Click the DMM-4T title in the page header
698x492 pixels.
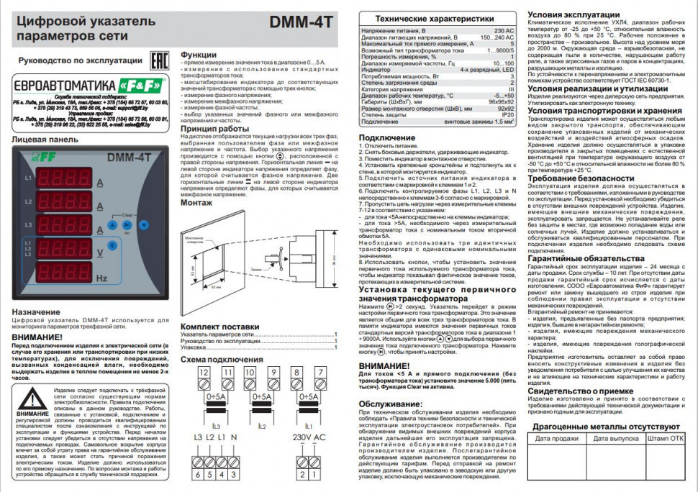301,22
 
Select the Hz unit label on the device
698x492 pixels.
103,278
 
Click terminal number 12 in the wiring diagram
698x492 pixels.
204,372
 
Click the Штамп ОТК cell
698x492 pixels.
666,437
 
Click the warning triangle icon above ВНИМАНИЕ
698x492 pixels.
32,399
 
